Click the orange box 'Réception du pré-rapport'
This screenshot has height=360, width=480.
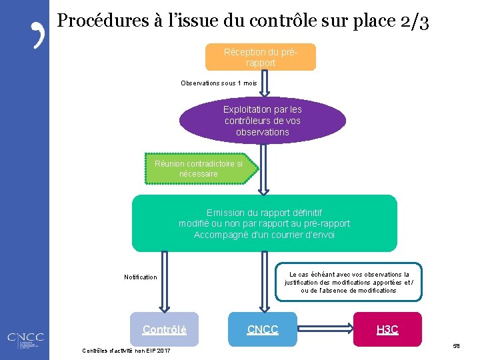point(260,57)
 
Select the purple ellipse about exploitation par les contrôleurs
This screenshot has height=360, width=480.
point(263,121)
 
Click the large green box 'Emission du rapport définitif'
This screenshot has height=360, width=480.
point(264,223)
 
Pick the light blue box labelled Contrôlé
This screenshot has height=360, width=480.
point(165,329)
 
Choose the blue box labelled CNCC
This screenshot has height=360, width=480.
point(263,329)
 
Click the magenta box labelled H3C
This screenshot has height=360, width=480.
point(387,329)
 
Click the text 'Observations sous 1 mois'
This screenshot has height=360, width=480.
point(218,83)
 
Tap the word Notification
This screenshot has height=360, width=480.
point(141,277)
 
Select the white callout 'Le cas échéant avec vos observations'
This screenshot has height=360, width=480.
point(348,282)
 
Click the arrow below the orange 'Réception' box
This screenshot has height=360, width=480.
point(263,84)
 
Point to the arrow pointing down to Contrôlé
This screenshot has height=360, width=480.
point(164,280)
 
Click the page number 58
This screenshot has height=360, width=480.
point(456,346)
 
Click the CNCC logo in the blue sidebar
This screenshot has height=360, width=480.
point(25,341)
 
